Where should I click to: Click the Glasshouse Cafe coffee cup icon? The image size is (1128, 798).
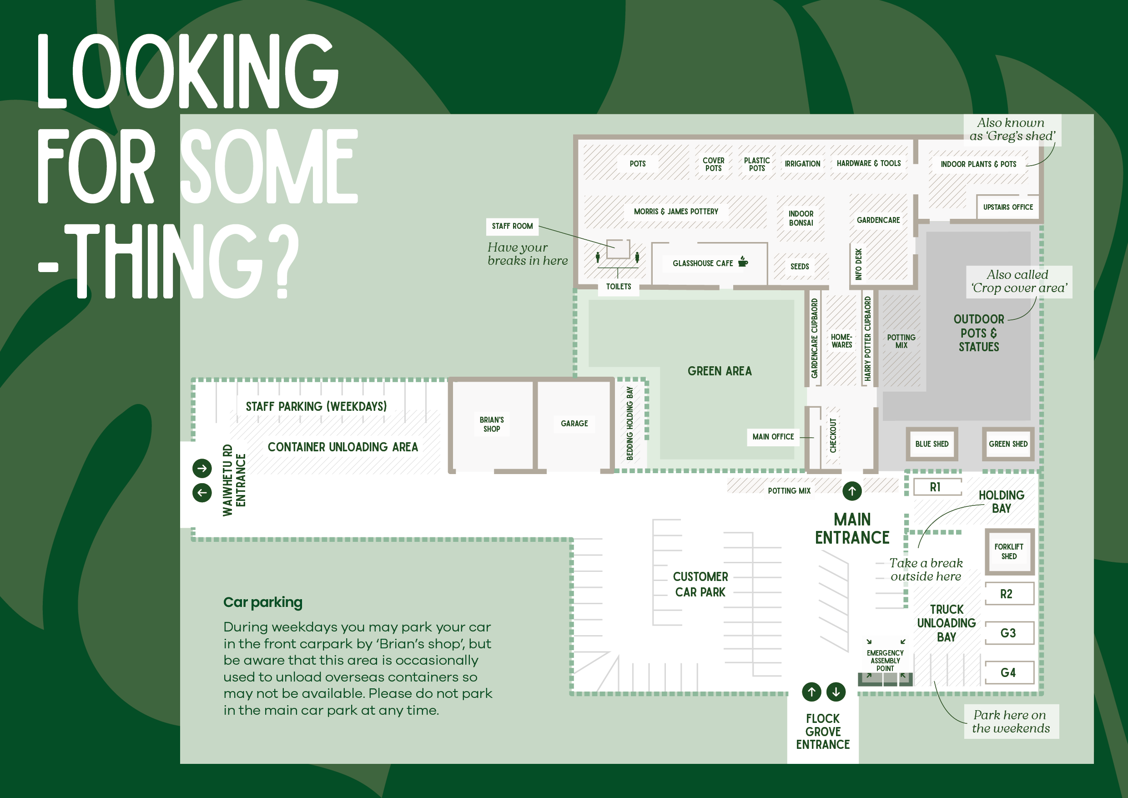743,262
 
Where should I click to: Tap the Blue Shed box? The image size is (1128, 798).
932,444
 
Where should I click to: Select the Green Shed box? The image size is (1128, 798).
1007,444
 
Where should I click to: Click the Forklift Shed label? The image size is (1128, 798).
1009,551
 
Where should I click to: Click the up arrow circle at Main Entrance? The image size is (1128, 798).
852,491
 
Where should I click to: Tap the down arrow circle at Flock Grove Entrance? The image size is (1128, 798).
836,692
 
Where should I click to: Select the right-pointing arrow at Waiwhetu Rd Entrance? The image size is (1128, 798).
202,468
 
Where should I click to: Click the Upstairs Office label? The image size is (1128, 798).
1007,207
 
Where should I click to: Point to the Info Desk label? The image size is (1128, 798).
858,264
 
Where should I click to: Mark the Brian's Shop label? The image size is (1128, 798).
492,424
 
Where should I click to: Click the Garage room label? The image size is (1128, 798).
574,424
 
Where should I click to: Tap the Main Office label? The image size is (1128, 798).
773,437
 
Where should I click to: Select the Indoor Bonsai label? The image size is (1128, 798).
801,218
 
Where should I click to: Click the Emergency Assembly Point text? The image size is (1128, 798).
885,661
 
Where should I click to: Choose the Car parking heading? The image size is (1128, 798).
263,602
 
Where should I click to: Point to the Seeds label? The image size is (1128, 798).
799,266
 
